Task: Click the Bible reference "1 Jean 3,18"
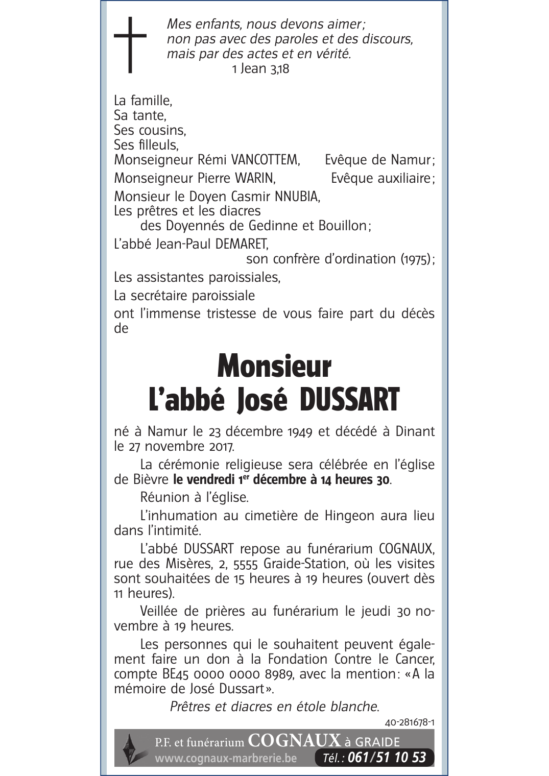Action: tap(260, 69)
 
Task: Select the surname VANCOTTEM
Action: tap(265, 160)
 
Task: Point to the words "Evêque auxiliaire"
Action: tap(380, 178)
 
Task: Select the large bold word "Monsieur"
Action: tap(274, 366)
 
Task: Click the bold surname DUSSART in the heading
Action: tap(349, 400)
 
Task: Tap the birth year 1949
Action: tap(300, 431)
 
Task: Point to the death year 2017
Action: tap(221, 446)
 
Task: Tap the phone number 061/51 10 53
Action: tap(386, 758)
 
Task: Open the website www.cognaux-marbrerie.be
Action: tap(225, 759)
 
